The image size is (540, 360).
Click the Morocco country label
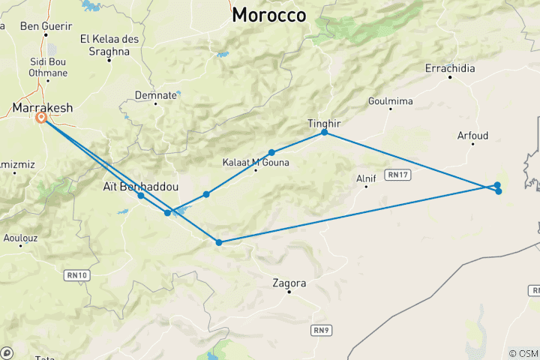pos(269,14)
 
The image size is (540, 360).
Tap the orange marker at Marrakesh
pos(42,118)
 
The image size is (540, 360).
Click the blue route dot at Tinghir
pos(324,132)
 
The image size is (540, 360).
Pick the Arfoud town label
pos(472,136)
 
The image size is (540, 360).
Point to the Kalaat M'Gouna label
pos(256,162)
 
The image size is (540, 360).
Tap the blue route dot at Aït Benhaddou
pos(141,196)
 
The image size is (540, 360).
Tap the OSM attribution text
pos(523,353)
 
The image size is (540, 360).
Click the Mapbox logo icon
pos(7,352)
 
